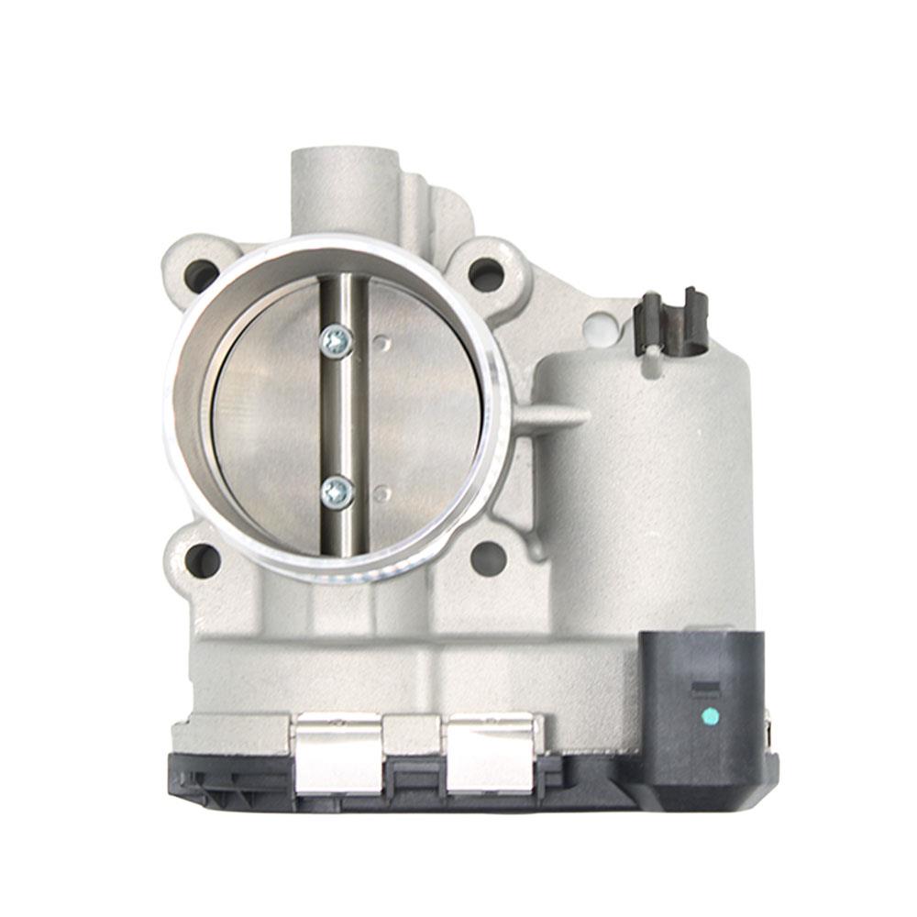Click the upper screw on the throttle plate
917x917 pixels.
tap(337, 341)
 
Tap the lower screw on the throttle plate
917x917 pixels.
tap(337, 492)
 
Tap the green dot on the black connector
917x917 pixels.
tap(707, 715)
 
